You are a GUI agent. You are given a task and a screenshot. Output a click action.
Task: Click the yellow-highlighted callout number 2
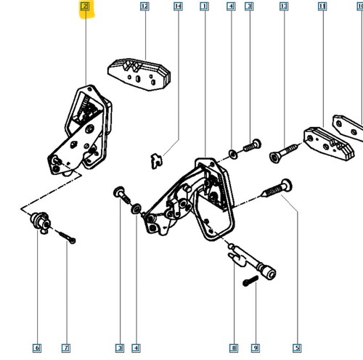click(85, 7)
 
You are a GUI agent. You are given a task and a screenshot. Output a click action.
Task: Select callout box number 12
click(144, 7)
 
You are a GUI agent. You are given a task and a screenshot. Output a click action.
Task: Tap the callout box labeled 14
click(178, 7)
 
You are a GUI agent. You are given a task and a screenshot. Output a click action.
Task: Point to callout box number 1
click(205, 7)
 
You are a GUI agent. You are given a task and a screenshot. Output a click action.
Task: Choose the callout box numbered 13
click(284, 7)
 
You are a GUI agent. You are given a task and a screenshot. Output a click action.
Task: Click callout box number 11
click(322, 7)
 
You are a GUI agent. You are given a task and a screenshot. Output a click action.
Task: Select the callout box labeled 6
click(37, 348)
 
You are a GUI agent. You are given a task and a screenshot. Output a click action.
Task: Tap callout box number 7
click(66, 348)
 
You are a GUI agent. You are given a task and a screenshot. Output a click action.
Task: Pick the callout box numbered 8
click(234, 348)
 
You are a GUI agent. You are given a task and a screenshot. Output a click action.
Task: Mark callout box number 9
click(256, 348)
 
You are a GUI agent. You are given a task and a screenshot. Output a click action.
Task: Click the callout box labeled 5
click(297, 348)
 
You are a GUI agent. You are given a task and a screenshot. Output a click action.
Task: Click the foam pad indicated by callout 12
click(139, 74)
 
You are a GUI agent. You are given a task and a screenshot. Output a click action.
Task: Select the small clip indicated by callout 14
click(157, 160)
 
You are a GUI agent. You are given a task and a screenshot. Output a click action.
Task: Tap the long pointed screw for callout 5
click(277, 188)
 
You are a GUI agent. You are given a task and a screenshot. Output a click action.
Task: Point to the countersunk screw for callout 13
click(284, 152)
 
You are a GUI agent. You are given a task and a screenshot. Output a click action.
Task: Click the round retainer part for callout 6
click(40, 222)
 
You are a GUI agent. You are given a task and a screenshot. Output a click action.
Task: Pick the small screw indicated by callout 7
click(67, 237)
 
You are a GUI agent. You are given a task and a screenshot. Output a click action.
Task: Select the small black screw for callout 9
click(250, 281)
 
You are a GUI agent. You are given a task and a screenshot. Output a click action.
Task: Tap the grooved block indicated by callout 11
click(329, 144)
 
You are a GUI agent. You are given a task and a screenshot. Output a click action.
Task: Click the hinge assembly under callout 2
click(80, 129)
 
